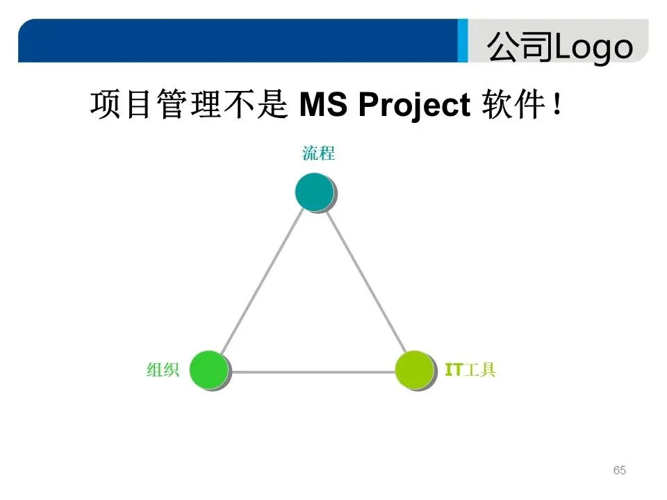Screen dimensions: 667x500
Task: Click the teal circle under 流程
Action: pyautogui.click(x=314, y=192)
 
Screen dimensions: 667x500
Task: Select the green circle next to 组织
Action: pyautogui.click(x=208, y=369)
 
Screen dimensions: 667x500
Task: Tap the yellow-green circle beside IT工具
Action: pyautogui.click(x=414, y=369)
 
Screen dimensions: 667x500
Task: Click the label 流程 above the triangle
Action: pyautogui.click(x=318, y=153)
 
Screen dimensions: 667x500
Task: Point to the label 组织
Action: pyautogui.click(x=163, y=370)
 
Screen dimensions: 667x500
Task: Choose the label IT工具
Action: pyautogui.click(x=470, y=370)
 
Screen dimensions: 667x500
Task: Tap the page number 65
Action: pyautogui.click(x=620, y=471)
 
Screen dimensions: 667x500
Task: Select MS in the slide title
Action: pyautogui.click(x=325, y=106)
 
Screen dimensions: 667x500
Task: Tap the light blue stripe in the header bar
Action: pyautogui.click(x=463, y=40)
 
